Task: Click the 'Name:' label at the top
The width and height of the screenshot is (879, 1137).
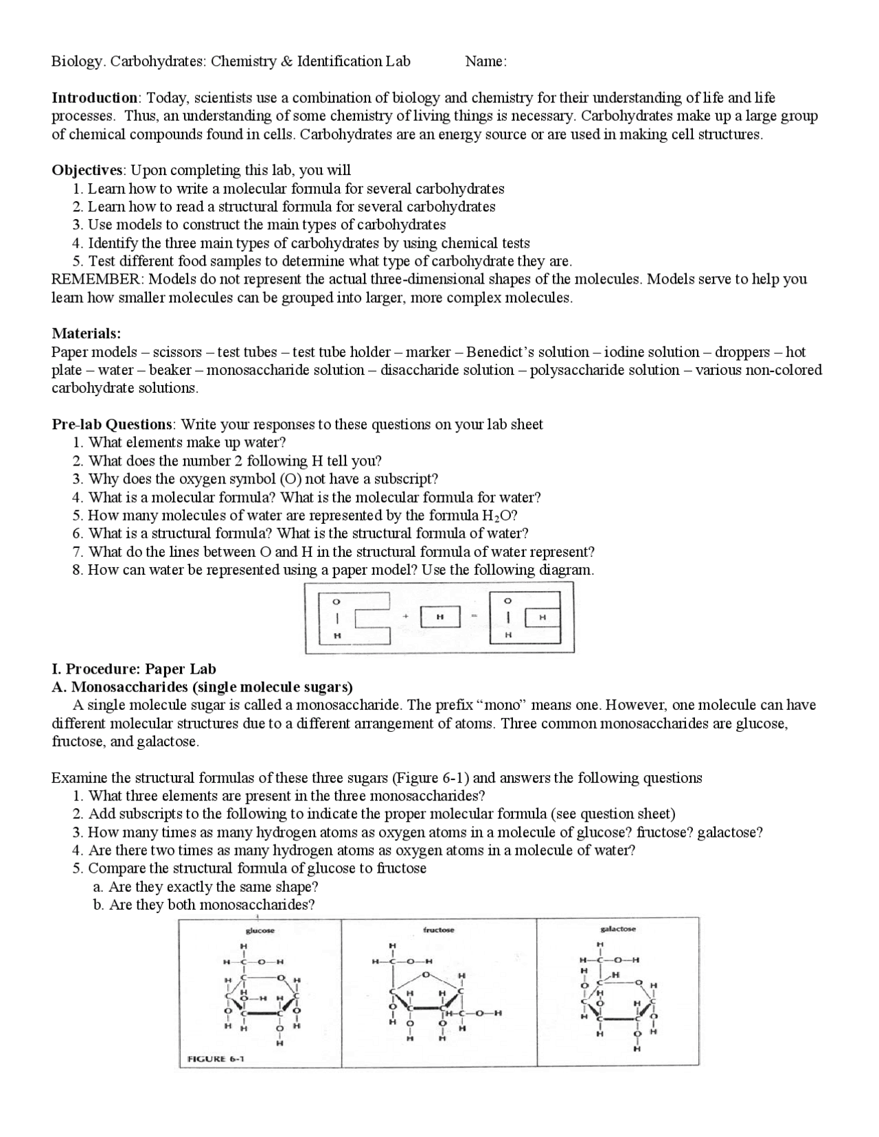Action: coord(486,62)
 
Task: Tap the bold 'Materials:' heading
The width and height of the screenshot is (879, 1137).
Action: coord(87,334)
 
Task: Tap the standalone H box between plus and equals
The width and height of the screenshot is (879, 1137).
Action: coord(439,617)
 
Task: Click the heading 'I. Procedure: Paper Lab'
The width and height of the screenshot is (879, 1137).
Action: coord(134,669)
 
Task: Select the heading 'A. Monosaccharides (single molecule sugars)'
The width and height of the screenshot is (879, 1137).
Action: coord(203,687)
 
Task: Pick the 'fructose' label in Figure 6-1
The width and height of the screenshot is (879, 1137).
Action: coord(439,930)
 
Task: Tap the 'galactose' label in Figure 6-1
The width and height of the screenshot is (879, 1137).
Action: coord(618,929)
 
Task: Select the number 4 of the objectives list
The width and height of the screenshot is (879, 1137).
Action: coord(77,244)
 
